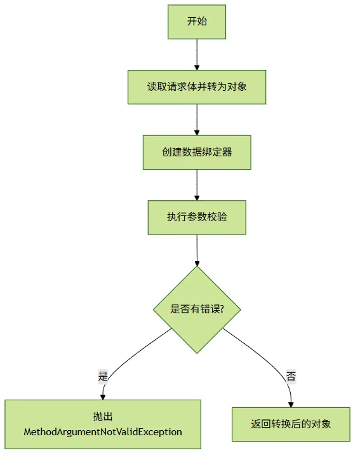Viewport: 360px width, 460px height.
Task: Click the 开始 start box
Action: tap(197, 22)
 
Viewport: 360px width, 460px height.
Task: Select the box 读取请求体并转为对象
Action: tap(197, 87)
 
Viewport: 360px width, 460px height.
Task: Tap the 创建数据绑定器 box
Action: tap(197, 152)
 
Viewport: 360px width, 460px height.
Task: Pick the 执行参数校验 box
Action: tap(197, 217)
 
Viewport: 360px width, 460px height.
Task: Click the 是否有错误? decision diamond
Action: tap(197, 309)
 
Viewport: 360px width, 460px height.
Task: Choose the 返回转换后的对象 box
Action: tap(291, 424)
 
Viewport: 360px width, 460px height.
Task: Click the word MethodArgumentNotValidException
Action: tap(103, 432)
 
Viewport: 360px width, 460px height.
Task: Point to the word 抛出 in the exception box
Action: tap(103, 416)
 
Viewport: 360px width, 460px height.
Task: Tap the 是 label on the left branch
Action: tap(103, 376)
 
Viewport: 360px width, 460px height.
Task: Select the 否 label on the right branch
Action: tap(291, 376)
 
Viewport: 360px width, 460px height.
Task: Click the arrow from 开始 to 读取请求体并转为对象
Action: tap(197, 55)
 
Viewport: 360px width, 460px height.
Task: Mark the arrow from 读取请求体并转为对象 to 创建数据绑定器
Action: tap(197, 119)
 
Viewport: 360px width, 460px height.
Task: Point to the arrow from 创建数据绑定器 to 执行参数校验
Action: tap(197, 185)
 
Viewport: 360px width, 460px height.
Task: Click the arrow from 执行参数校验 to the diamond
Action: tap(197, 250)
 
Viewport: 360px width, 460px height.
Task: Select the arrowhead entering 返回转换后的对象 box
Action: tap(291, 405)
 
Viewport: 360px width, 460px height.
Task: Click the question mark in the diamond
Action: tap(222, 309)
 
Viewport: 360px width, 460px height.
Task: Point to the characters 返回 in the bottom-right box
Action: tap(260, 424)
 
